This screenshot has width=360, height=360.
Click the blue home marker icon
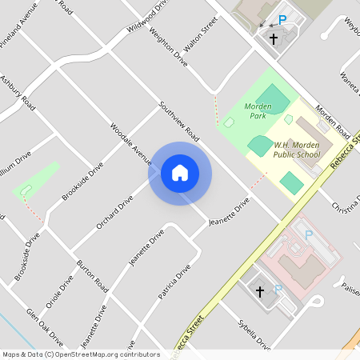(x=180, y=173)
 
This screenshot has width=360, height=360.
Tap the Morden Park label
(x=258, y=110)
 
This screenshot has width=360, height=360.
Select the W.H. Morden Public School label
(x=297, y=150)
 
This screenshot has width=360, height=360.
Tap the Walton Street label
(x=201, y=38)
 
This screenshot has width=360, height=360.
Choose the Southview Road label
(x=178, y=122)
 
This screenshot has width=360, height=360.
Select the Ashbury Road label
(x=18, y=93)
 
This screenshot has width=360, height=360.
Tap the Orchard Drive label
(x=114, y=213)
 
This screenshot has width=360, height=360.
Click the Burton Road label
(x=92, y=274)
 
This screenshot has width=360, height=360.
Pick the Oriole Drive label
(x=59, y=292)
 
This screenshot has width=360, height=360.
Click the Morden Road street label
(x=331, y=121)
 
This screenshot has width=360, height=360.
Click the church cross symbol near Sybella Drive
(x=259, y=293)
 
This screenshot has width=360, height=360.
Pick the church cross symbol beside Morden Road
(x=273, y=38)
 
